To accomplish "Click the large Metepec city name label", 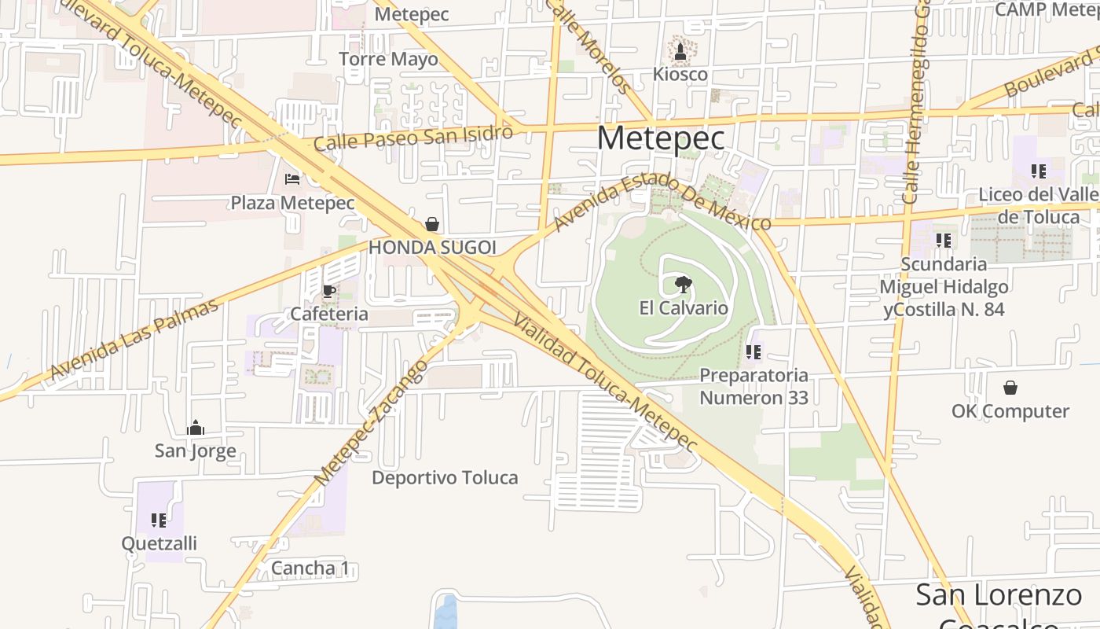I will (661, 138).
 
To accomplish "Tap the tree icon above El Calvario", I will (684, 285).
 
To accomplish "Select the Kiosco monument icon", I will (680, 53).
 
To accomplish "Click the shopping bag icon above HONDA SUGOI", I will (431, 224).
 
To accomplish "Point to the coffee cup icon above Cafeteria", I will (328, 291).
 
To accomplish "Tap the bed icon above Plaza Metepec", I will (292, 179).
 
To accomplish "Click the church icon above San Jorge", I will (196, 428).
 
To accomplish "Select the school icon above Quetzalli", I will (159, 520).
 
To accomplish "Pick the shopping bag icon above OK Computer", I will (1010, 388).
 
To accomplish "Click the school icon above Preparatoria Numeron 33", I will (753, 351).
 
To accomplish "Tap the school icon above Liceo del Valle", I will (1039, 171).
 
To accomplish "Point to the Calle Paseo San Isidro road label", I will (413, 139).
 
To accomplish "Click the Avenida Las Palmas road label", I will (134, 340).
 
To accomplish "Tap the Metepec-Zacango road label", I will (371, 422).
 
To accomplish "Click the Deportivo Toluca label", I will (445, 477).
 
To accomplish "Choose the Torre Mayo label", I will (388, 59).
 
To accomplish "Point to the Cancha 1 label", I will (310, 568).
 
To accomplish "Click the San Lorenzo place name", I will (998, 595).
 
